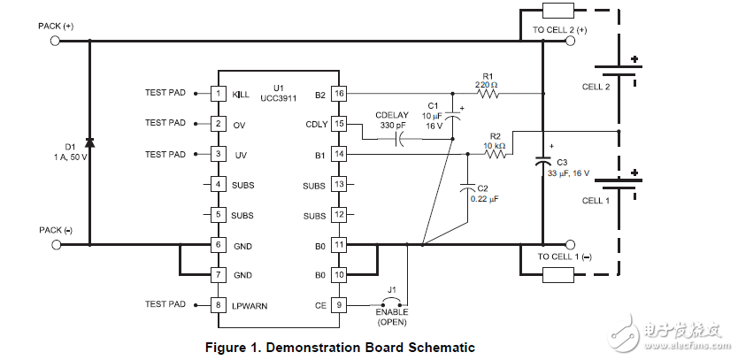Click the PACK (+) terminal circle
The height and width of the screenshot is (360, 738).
pos(56,40)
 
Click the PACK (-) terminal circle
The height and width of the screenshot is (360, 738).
pos(56,244)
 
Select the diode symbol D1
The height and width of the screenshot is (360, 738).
pos(88,142)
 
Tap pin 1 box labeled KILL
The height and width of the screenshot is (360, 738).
pos(218,93)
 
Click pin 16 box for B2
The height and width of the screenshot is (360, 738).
pos(339,93)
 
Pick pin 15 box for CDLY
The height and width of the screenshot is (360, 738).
pos(339,124)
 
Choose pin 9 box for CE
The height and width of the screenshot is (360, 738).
pos(339,306)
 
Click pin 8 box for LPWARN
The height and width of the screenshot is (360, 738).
pos(218,306)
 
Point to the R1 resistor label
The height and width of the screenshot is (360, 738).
pos(486,75)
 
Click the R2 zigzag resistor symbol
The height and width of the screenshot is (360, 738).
pos(496,154)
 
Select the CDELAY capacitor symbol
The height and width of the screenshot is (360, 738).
pos(401,139)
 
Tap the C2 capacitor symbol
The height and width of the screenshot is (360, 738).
pos(467,188)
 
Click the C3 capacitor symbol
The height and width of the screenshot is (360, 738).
pos(542,163)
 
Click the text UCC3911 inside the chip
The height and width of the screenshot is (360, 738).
pos(279,98)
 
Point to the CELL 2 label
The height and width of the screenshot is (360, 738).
pos(595,87)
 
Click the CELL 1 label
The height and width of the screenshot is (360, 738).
pos(595,201)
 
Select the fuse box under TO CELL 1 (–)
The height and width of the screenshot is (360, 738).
pos(558,275)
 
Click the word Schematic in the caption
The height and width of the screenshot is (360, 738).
pos(440,347)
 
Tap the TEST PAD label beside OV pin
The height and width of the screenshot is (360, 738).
pos(165,123)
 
